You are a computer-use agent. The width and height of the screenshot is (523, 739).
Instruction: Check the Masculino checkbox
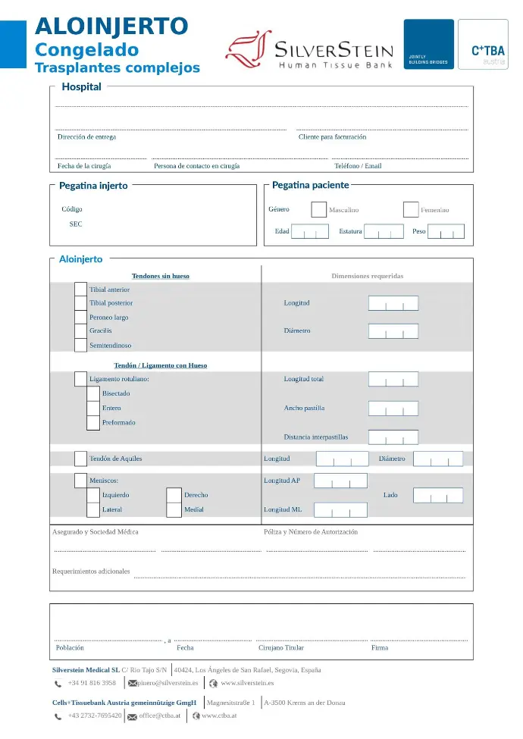point(318,210)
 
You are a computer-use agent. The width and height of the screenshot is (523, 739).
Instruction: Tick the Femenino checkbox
point(411,210)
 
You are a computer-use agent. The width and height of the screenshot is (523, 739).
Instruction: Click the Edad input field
point(310,231)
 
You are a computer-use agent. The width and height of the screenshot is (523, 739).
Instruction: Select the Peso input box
point(446,231)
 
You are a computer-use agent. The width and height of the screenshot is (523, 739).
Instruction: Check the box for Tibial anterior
point(80,289)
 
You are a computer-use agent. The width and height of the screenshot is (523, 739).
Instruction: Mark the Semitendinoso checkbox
point(80,345)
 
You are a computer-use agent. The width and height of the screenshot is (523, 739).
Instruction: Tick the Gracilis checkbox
point(80,331)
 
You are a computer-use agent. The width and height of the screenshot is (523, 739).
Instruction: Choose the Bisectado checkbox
point(92,393)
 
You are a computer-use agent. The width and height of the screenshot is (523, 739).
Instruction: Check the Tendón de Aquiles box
point(80,459)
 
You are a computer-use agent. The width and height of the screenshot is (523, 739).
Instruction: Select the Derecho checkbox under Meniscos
point(174,495)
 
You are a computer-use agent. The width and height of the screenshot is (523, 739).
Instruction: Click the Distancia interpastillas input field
point(393,437)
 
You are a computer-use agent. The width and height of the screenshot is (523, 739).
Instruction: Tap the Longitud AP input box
point(340,481)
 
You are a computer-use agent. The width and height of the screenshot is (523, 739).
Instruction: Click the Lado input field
point(438,495)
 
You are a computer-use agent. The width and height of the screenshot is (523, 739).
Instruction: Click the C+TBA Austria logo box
point(483,44)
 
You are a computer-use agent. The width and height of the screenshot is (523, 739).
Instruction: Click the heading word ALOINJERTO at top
point(111,27)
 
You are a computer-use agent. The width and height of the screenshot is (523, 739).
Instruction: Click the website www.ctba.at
point(220,716)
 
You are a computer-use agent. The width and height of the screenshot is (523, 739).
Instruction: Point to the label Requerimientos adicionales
point(91,571)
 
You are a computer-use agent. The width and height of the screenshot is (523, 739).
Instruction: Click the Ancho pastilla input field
point(393,409)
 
